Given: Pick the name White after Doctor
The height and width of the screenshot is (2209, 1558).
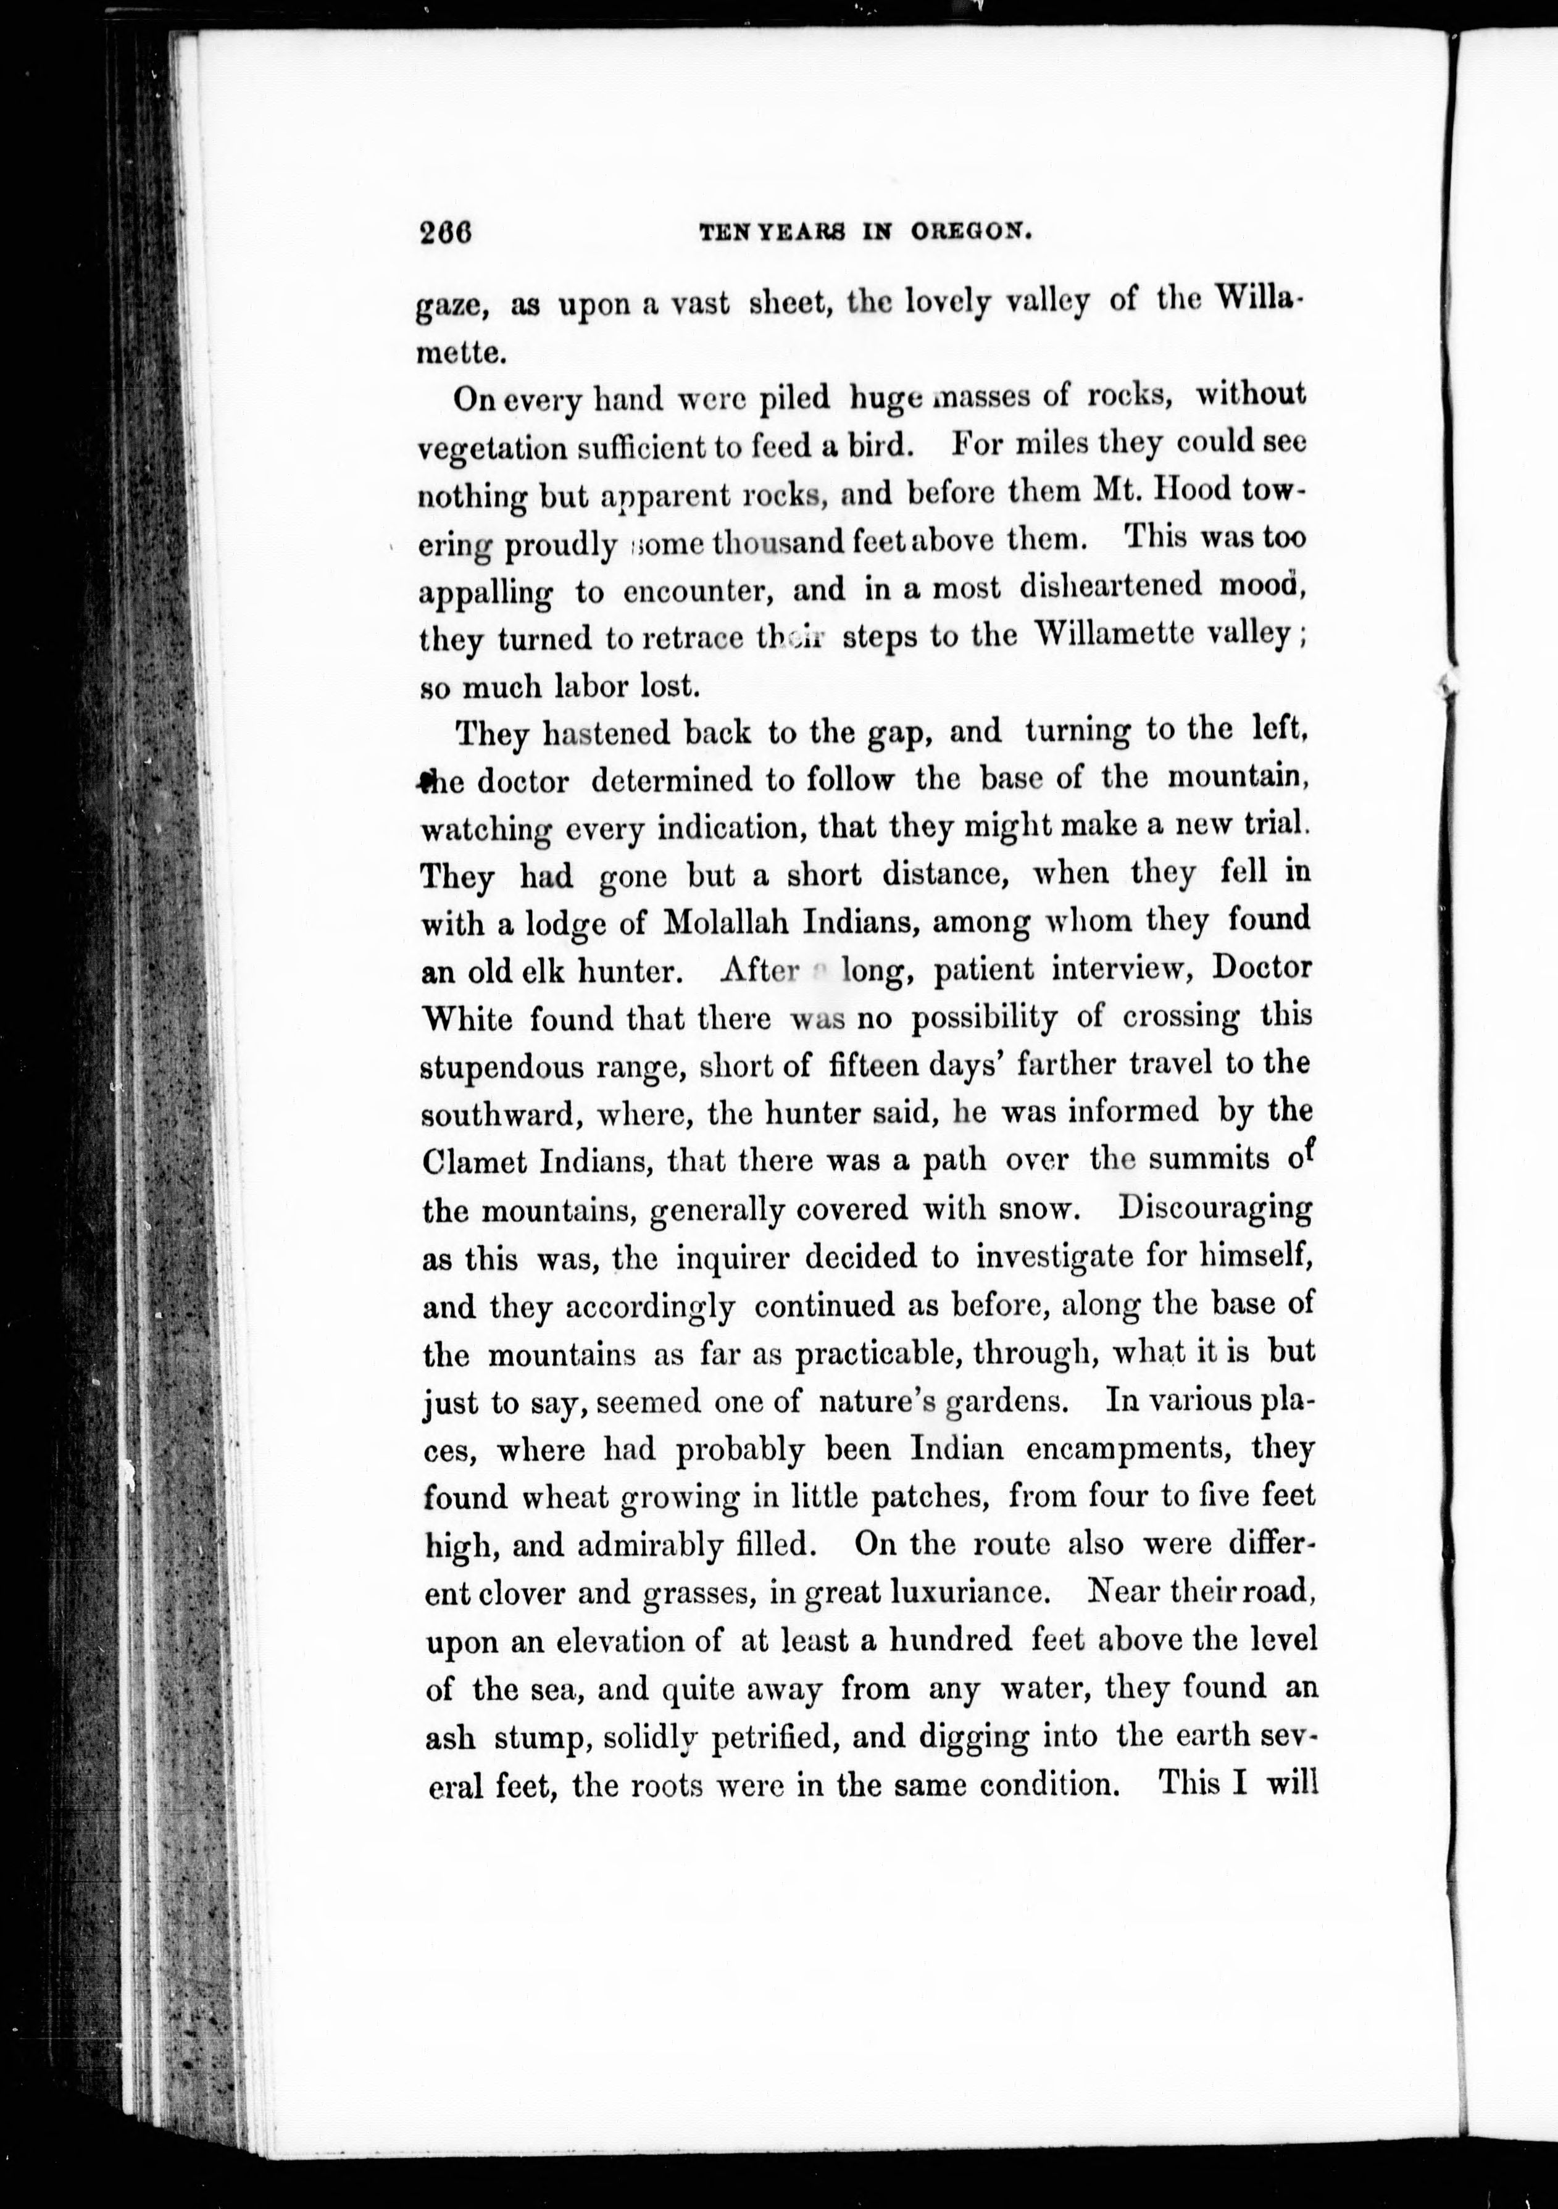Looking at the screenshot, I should coord(467,1018).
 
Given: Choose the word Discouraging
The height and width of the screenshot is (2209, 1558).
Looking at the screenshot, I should coord(1215,1208).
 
